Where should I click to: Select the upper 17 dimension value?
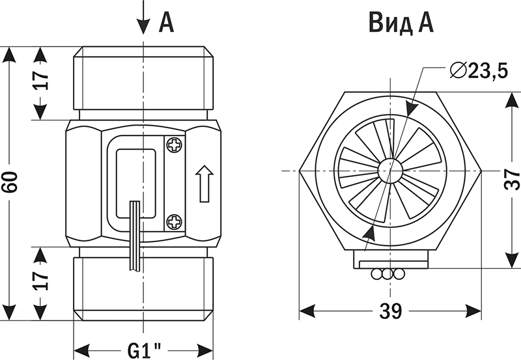(x=41, y=81)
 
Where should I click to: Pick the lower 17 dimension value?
(x=41, y=281)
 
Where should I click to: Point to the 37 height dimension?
(x=511, y=177)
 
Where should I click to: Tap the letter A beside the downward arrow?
(x=167, y=23)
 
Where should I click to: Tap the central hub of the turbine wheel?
(x=390, y=170)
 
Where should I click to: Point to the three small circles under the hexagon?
(x=387, y=275)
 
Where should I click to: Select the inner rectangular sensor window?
(x=135, y=183)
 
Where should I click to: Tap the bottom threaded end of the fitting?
(x=143, y=286)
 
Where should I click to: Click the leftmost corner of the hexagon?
(x=300, y=171)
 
